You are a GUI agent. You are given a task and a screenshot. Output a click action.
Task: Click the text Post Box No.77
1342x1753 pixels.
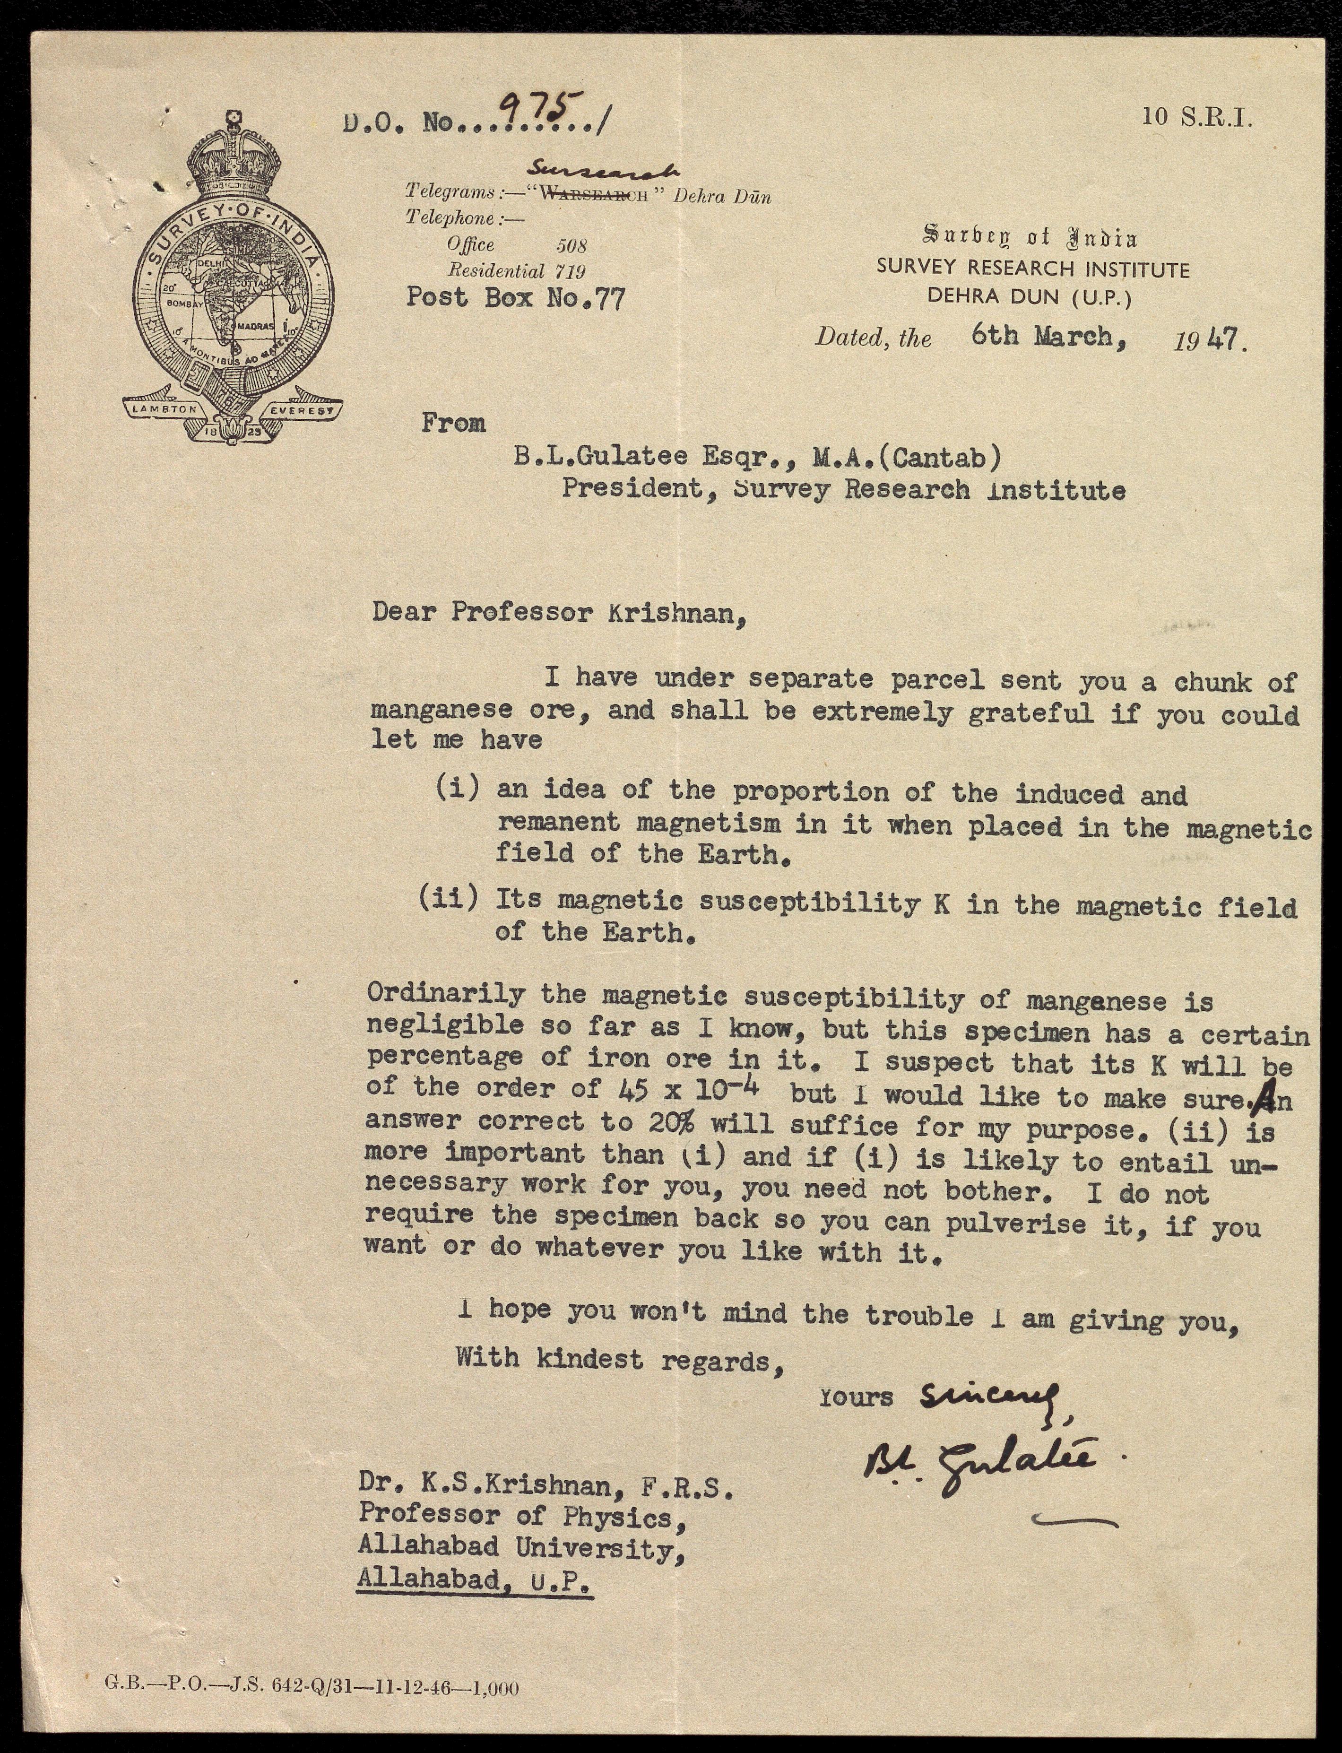tap(515, 298)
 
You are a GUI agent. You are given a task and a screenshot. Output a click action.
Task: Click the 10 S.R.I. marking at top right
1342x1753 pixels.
tap(1196, 117)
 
